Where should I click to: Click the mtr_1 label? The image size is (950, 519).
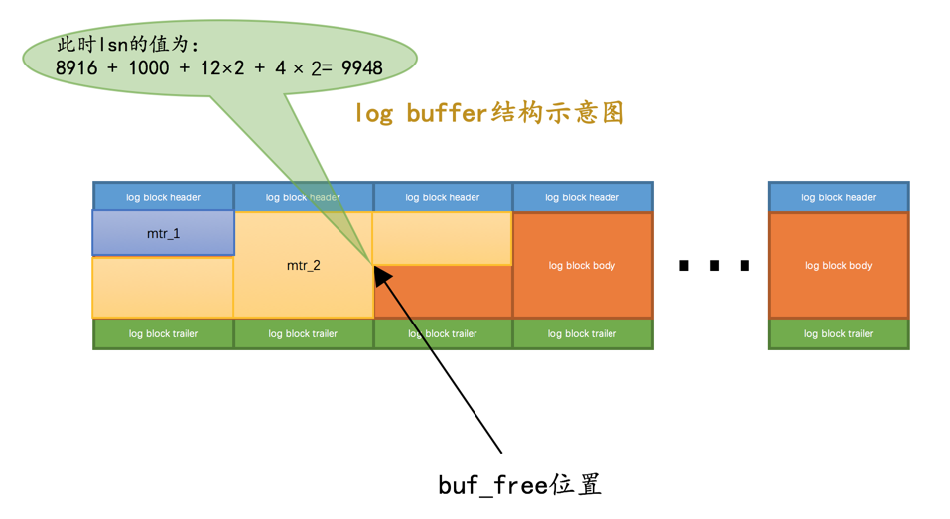coord(164,234)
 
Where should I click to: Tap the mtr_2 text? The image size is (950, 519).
coord(303,266)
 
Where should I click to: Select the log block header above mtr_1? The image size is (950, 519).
coord(164,197)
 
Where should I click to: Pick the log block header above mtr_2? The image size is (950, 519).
coord(303,197)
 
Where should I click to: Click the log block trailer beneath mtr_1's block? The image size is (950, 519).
coord(164,333)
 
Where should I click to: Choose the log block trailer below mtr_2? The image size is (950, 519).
coord(303,333)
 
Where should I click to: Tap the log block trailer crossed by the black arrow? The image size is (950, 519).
coord(443,333)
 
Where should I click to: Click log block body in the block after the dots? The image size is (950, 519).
coord(839,266)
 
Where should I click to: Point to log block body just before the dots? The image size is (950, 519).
coord(583,266)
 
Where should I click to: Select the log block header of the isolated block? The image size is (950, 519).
coord(839,197)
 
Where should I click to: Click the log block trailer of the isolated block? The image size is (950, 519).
coord(839,333)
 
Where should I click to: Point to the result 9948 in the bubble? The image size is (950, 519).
coord(361,67)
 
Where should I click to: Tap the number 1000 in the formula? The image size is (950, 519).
coord(147,67)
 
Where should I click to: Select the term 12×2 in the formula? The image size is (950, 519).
coord(220,67)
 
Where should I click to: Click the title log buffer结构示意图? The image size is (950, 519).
coord(489,113)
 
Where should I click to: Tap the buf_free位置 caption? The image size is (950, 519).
coord(519,484)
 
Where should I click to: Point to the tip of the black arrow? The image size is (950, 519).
coord(375,266)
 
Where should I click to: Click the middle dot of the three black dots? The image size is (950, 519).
coord(713,265)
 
